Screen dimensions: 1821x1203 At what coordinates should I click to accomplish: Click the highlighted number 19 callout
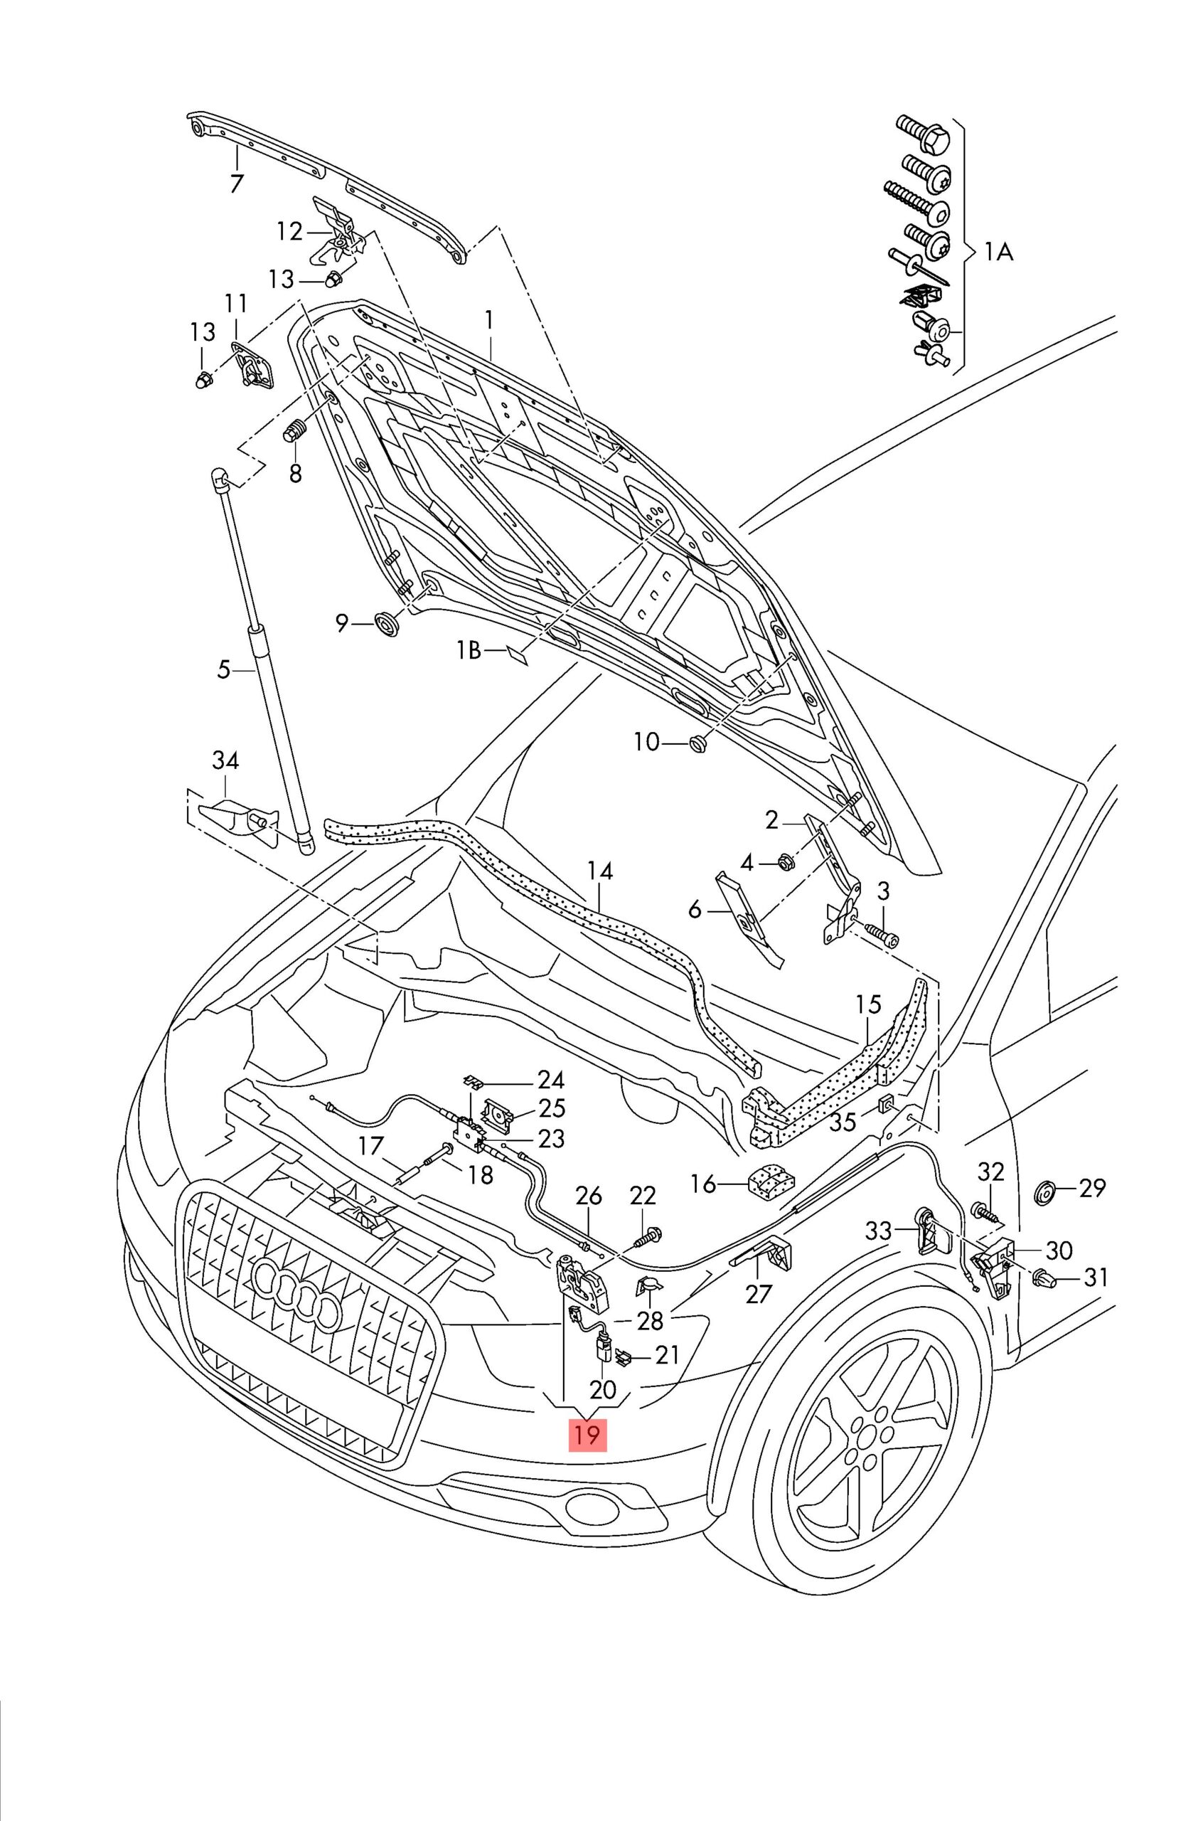pos(587,1434)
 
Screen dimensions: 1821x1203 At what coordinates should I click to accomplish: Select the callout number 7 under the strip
pos(236,184)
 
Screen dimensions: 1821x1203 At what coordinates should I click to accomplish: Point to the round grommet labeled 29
pos(1044,1195)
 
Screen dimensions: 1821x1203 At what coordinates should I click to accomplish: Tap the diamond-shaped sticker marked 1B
pos(518,654)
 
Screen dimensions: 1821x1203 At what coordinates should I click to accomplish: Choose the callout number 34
pos(225,760)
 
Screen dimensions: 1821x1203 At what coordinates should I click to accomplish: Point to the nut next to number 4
pos(784,864)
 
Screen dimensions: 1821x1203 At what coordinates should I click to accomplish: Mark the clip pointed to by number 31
pos(1045,1278)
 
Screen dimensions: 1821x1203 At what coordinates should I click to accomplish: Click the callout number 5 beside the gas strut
pos(223,670)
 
